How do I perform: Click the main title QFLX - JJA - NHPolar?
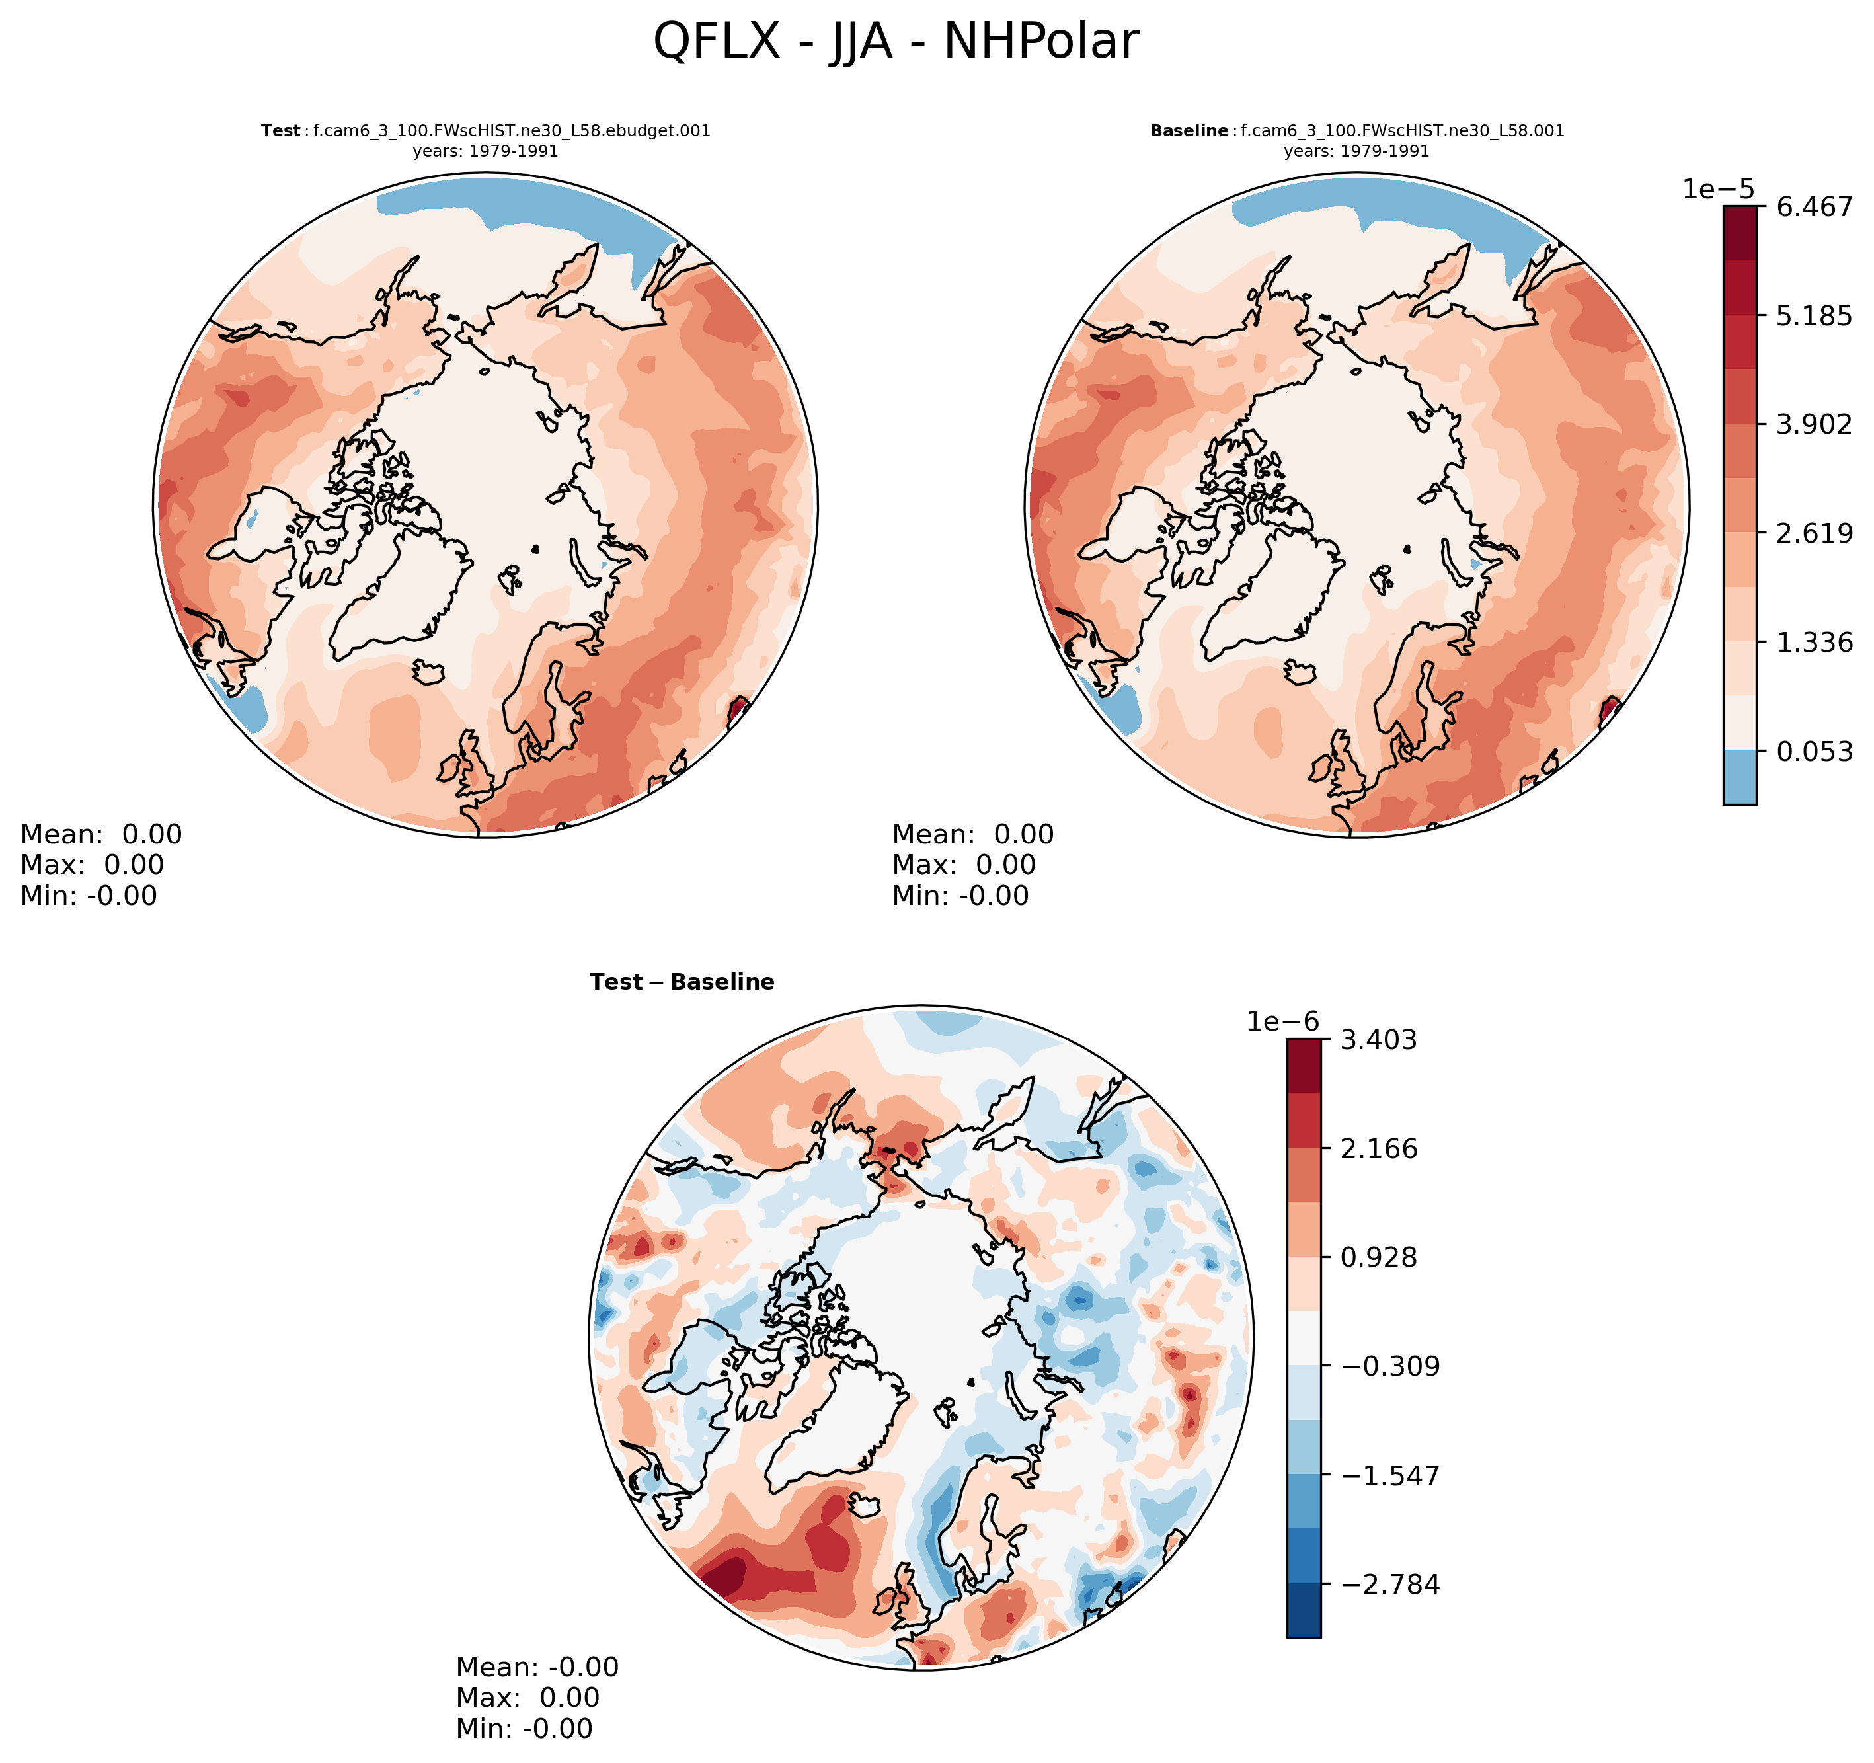(x=896, y=42)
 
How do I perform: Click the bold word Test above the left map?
(x=280, y=131)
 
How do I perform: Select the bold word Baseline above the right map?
(x=1189, y=131)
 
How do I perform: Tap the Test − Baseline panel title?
(x=682, y=982)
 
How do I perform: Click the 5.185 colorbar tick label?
(x=1815, y=316)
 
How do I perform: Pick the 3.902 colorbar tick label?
(x=1815, y=424)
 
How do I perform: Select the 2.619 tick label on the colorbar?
(x=1815, y=533)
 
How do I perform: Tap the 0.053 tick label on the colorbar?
(x=1815, y=752)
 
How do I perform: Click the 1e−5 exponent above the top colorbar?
(x=1719, y=190)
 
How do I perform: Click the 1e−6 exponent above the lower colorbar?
(x=1283, y=1022)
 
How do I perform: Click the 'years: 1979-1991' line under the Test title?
(x=485, y=151)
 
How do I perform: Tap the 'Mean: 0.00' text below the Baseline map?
(x=973, y=834)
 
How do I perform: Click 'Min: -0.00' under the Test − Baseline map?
(x=524, y=1728)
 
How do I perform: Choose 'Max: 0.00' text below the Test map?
(x=93, y=865)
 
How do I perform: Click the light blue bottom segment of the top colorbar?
(x=1739, y=777)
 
